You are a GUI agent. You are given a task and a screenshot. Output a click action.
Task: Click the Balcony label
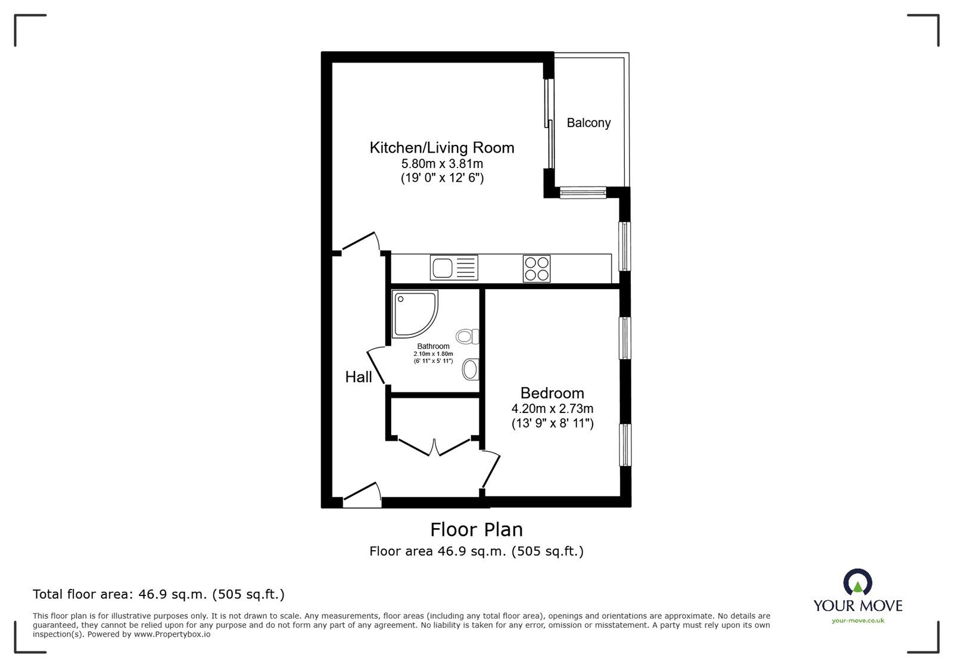(x=588, y=123)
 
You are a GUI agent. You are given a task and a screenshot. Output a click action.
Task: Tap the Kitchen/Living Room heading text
(x=441, y=147)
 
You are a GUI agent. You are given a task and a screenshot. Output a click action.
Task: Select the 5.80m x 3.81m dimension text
(x=441, y=163)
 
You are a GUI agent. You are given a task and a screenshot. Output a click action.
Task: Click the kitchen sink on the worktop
(x=454, y=268)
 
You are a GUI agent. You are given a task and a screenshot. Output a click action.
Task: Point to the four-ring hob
(x=536, y=268)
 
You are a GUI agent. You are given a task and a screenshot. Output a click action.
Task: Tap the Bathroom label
(x=433, y=346)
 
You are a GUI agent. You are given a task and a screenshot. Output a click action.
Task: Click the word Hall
(x=359, y=377)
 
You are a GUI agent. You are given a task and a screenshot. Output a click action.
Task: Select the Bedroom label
(x=552, y=393)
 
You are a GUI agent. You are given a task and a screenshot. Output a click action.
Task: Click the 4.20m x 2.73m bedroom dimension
(x=552, y=409)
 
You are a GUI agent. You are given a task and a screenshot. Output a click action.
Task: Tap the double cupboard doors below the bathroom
(x=435, y=447)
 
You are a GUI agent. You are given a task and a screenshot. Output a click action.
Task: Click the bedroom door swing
(x=491, y=471)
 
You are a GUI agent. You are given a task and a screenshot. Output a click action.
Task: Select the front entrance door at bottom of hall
(x=362, y=496)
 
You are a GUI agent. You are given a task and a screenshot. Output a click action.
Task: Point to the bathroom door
(x=378, y=365)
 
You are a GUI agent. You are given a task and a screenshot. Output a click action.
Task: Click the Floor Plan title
(x=476, y=529)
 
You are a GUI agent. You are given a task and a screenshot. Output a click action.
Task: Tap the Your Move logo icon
(x=858, y=583)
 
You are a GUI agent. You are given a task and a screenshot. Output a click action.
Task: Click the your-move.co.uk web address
(x=858, y=621)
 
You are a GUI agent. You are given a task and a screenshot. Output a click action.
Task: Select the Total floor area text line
(x=158, y=594)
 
